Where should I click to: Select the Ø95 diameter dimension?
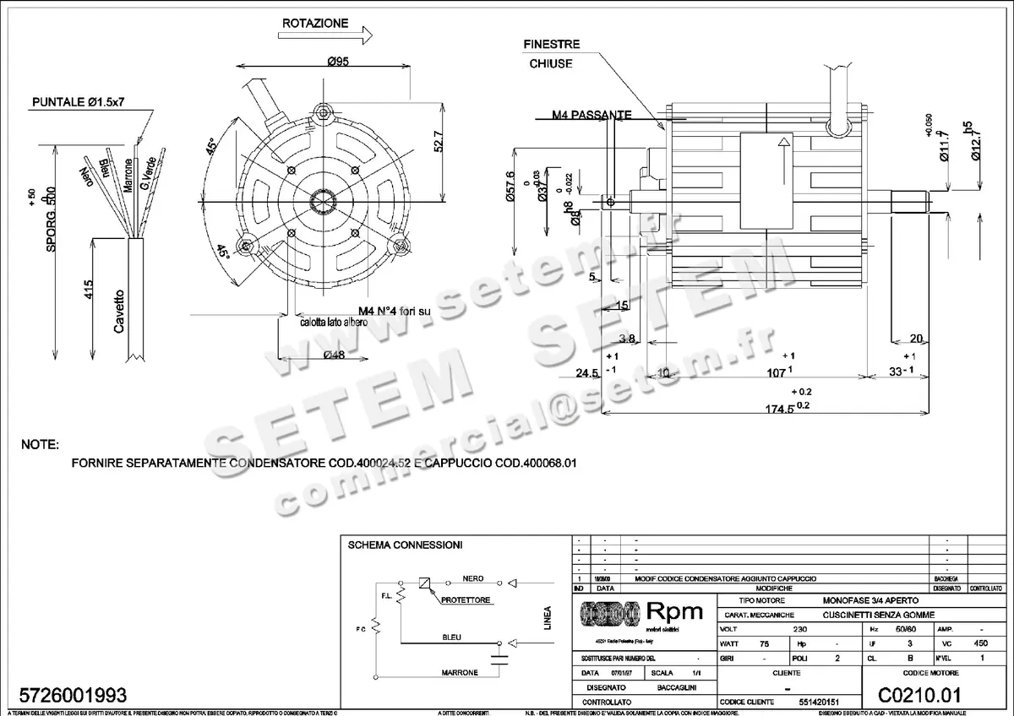click(339, 61)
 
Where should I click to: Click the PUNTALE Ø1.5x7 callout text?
click(79, 101)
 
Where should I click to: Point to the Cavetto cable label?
click(119, 312)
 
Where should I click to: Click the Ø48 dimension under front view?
click(334, 355)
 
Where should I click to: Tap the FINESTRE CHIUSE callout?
click(551, 53)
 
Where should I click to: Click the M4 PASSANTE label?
click(591, 114)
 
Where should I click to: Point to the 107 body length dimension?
click(776, 371)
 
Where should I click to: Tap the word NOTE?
click(40, 444)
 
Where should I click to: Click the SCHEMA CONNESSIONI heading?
click(405, 545)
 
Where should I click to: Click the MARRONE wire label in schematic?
click(460, 673)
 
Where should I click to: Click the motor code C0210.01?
click(919, 696)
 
